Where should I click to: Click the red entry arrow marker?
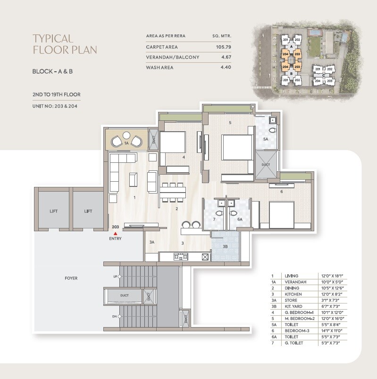[x=115, y=233]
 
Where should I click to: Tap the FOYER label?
[x=71, y=278]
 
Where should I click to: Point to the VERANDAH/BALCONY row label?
[x=173, y=57]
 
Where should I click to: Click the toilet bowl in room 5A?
[x=272, y=130]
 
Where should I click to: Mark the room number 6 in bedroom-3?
[x=282, y=192]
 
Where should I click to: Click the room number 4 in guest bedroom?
[x=184, y=157]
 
